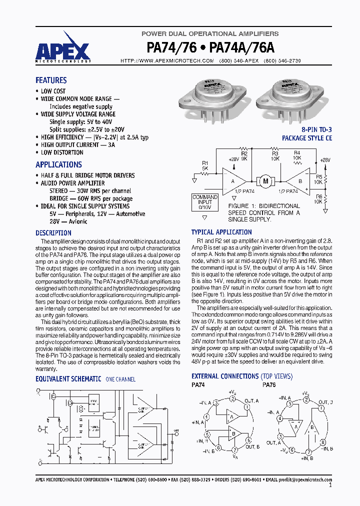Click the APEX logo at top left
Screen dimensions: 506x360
62,50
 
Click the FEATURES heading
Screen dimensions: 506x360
51,80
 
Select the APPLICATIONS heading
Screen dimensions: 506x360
58,164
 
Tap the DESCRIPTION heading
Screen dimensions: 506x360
53,233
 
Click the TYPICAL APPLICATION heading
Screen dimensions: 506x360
221,232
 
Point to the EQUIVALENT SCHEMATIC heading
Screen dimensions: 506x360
68,379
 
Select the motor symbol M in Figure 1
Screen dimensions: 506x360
265,180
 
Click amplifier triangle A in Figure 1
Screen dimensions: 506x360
233,180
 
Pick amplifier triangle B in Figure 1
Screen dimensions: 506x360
299,180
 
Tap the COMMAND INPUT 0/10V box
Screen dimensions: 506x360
205,202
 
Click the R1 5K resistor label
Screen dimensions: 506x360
205,165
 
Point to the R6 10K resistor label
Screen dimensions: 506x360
318,199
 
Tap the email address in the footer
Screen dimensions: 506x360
305,479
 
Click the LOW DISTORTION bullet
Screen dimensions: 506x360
62,152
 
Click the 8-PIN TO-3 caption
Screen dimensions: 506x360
314,129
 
